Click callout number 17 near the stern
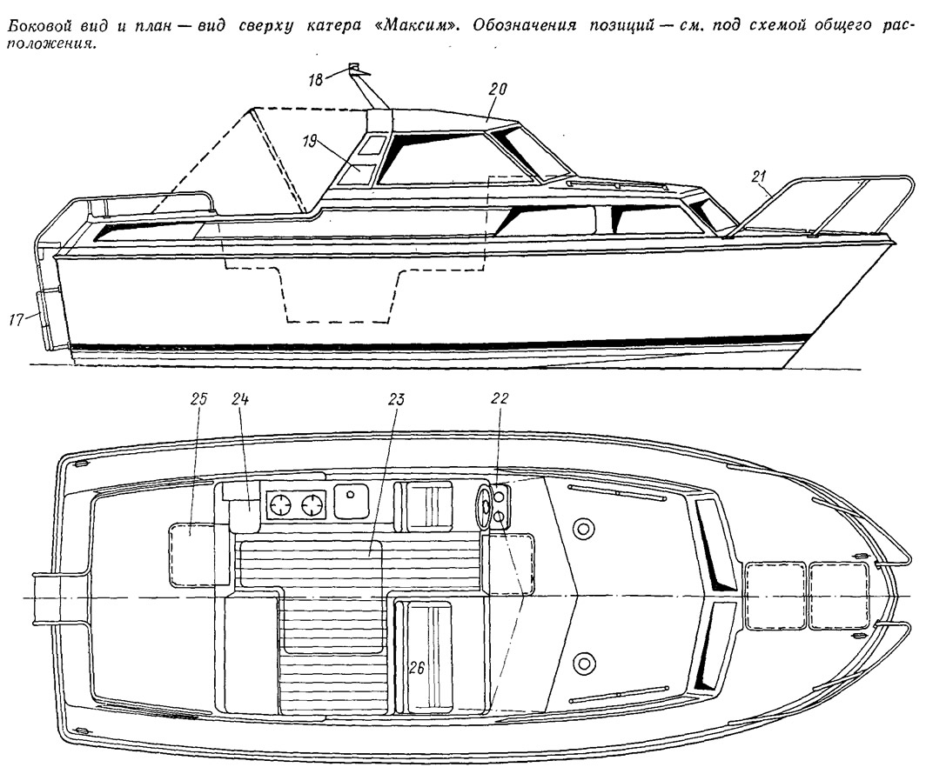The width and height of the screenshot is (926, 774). (x=17, y=320)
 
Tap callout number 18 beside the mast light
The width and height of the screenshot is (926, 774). (x=316, y=80)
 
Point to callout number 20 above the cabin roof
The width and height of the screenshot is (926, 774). (x=498, y=90)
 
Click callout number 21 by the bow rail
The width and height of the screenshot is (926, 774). (x=760, y=176)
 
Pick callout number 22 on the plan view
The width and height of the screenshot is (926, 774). (x=499, y=399)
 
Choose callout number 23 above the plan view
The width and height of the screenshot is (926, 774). (x=395, y=399)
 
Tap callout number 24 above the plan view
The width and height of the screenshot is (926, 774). (x=240, y=399)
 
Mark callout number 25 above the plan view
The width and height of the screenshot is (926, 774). (x=198, y=399)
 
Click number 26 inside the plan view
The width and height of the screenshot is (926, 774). (x=417, y=668)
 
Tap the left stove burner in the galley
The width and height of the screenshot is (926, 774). (x=280, y=504)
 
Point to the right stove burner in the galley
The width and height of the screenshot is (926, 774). (x=311, y=505)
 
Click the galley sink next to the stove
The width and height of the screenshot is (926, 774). (x=351, y=502)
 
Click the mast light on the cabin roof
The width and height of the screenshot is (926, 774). (x=355, y=67)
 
